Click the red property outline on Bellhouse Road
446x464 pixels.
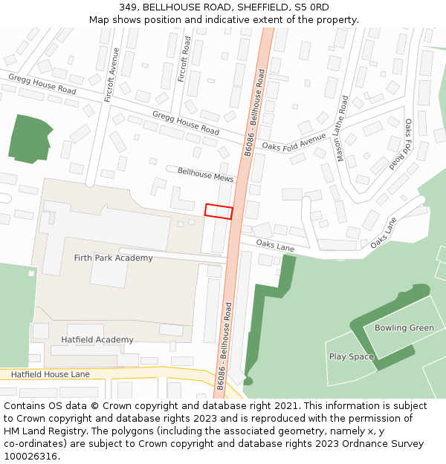219,212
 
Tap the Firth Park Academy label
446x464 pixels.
113,258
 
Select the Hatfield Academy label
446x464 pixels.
97,340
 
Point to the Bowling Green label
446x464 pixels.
404,328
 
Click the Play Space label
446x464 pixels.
352,357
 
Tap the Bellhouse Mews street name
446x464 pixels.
205,175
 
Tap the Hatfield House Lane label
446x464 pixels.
50,375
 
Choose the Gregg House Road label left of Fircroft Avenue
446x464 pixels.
42,84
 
